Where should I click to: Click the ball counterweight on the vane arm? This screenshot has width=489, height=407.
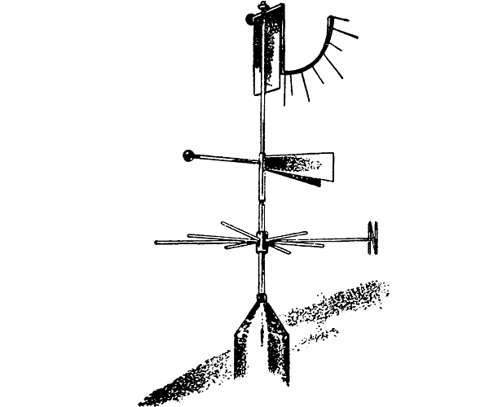187,154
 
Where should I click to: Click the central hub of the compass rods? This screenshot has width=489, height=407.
261,241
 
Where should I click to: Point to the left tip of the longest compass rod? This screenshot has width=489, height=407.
156,242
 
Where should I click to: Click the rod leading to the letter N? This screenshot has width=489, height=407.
326,239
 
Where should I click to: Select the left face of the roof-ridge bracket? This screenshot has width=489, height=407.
244,342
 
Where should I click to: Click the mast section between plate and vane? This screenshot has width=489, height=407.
261,122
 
